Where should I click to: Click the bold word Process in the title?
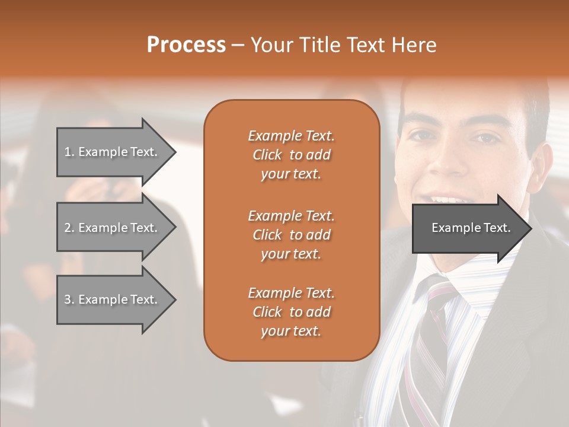[186, 45]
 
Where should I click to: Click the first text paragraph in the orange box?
[291, 155]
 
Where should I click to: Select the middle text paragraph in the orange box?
[291, 235]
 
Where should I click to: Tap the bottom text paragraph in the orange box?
[291, 312]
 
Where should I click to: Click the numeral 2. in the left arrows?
[69, 228]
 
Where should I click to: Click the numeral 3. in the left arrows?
[69, 299]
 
